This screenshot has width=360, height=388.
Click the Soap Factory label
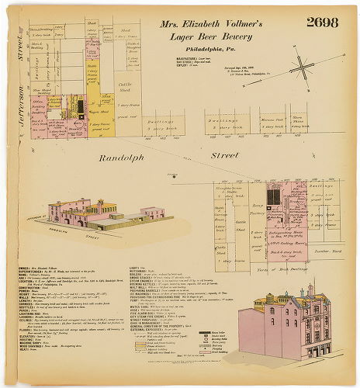tap(257, 207)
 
